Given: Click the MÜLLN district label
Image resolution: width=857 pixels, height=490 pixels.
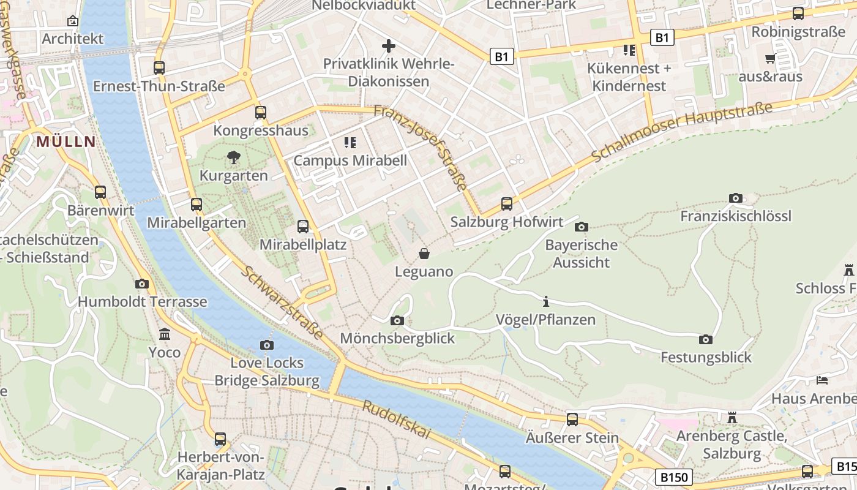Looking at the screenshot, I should pyautogui.click(x=66, y=142).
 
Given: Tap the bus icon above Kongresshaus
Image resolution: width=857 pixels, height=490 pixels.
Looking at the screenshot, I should pyautogui.click(x=261, y=112).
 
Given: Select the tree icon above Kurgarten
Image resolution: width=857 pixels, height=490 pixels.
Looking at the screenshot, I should pyautogui.click(x=233, y=157).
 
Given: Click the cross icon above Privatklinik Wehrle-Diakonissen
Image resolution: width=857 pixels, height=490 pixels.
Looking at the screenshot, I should pyautogui.click(x=388, y=46).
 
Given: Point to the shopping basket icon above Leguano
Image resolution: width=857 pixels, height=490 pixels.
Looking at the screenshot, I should pyautogui.click(x=424, y=253).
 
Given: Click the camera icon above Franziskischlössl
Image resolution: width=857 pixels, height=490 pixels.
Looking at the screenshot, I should pyautogui.click(x=736, y=198).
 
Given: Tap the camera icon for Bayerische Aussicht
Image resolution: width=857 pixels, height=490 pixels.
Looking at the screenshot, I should pyautogui.click(x=582, y=227).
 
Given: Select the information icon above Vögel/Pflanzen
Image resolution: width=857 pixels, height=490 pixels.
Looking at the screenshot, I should pyautogui.click(x=546, y=301).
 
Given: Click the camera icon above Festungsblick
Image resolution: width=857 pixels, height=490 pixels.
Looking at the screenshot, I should pyautogui.click(x=705, y=339).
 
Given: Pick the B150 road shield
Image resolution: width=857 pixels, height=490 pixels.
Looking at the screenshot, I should pyautogui.click(x=674, y=477).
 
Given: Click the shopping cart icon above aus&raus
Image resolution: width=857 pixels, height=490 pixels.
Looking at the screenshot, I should pyautogui.click(x=770, y=59).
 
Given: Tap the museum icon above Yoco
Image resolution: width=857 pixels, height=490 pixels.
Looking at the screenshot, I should pyautogui.click(x=165, y=334).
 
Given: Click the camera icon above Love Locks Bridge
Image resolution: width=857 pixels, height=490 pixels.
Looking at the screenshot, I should pyautogui.click(x=266, y=345).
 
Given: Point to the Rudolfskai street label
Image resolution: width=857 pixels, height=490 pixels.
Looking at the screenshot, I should pyautogui.click(x=396, y=420).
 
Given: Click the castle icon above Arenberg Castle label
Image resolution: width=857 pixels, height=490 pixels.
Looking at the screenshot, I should pyautogui.click(x=732, y=418).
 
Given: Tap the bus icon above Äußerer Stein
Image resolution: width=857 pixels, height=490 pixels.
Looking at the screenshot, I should pyautogui.click(x=572, y=420).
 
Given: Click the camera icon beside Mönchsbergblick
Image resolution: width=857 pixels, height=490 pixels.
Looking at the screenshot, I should pyautogui.click(x=397, y=320).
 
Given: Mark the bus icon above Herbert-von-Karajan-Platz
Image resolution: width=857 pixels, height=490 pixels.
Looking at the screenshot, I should pyautogui.click(x=220, y=439).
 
